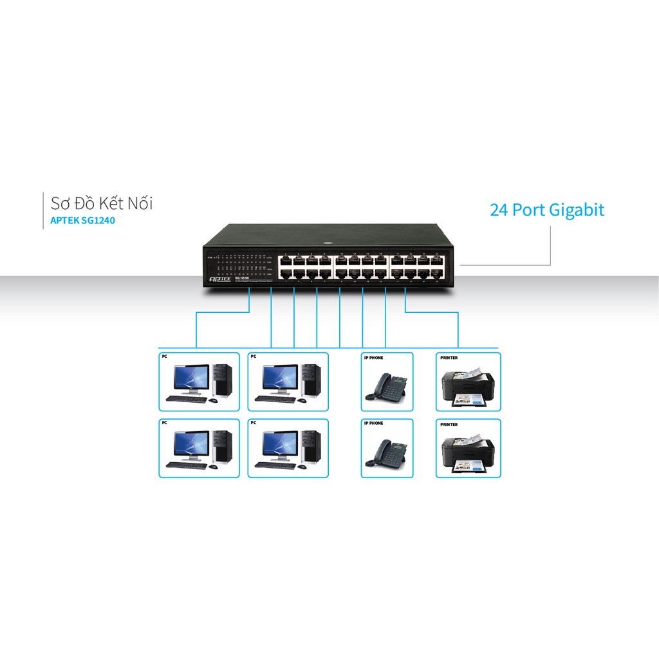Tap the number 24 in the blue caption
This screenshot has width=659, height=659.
pos(498,210)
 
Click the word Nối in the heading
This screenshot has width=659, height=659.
pos(138,203)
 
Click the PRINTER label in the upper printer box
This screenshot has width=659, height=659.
pos(449,358)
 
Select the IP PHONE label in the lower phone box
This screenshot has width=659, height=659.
pos(373,423)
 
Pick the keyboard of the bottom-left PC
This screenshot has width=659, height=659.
pos(186,465)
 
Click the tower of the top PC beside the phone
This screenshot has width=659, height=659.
pos(311,380)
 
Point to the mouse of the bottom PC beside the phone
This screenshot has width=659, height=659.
pos(301,467)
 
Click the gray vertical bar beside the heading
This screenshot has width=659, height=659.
pos(42,210)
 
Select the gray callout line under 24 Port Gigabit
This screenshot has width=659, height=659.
pos(550,245)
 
